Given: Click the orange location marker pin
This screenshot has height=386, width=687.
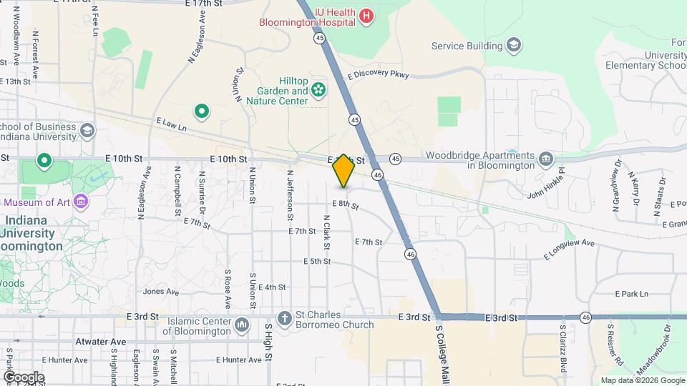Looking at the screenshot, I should point(343,170).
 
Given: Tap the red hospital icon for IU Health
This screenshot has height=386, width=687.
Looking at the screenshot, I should point(366,16).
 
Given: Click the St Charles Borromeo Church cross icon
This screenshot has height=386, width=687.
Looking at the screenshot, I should point(284,318).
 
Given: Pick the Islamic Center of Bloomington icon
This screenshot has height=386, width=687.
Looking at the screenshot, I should point(241,325).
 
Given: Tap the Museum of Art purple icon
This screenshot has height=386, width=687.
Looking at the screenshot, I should point(81,202).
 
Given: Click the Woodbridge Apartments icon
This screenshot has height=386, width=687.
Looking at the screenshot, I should point(546,158).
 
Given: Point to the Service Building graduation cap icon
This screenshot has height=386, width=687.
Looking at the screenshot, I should point(513,46).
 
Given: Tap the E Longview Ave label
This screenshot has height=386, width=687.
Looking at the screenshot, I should point(569,249).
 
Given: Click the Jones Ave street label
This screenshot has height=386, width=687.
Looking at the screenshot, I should point(161,292).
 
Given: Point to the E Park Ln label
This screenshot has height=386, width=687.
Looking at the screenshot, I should point(631,294).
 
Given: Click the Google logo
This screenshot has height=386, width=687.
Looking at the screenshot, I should point(24,377).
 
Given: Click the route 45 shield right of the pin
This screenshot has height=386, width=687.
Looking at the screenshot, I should point(395,158).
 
